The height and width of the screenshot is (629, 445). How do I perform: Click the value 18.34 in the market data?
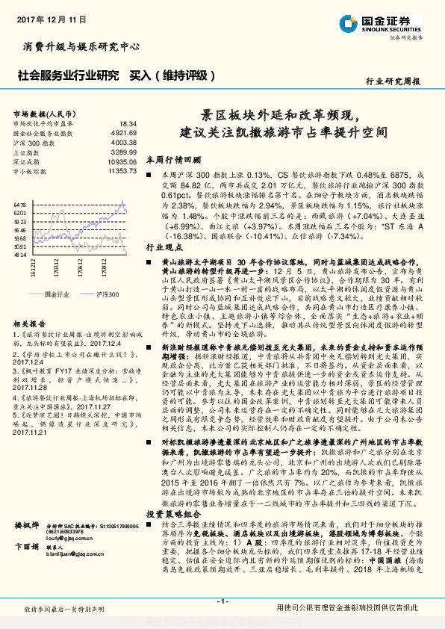(128, 123)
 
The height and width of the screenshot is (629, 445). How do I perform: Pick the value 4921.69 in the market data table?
(122, 132)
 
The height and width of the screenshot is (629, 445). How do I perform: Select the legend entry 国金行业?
(56, 295)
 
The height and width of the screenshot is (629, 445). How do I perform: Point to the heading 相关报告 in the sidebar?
(31, 323)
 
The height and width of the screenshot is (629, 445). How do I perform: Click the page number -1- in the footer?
(222, 601)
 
